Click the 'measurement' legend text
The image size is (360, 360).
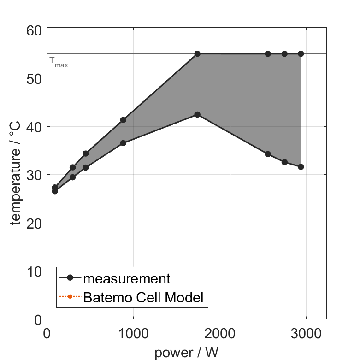[127, 278]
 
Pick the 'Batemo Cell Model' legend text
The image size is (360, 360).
[143, 297]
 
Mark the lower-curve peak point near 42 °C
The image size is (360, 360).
[197, 114]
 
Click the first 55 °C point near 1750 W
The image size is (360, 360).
[197, 54]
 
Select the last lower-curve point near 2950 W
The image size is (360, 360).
[301, 167]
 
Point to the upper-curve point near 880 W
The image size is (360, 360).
[123, 120]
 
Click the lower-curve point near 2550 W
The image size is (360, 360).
[268, 154]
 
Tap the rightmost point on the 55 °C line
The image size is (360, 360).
[301, 54]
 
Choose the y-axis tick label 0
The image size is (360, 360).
[38, 320]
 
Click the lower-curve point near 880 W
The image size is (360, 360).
[123, 143]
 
